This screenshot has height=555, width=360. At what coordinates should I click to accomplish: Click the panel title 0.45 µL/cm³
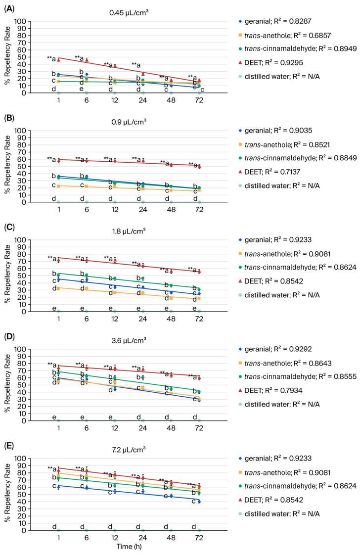pyautogui.click(x=129, y=13)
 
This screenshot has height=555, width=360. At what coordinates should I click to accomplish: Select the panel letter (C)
pyautogui.click(x=9, y=227)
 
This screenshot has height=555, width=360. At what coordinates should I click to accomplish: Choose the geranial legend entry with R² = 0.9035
pyautogui.click(x=275, y=131)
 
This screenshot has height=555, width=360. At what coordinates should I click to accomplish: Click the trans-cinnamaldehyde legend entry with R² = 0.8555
pyautogui.click(x=297, y=376)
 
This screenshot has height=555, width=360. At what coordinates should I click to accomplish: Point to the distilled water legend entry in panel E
pyautogui.click(x=279, y=513)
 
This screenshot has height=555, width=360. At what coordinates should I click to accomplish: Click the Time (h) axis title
pyautogui.click(x=129, y=547)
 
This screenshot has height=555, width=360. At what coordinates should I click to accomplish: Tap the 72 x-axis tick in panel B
pyautogui.click(x=199, y=210)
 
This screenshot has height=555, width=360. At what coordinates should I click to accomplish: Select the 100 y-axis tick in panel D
pyautogui.click(x=20, y=349)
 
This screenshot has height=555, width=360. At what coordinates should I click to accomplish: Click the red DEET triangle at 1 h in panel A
pyautogui.click(x=58, y=60)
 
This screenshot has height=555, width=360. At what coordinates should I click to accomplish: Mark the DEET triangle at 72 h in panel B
pyautogui.click(x=199, y=166)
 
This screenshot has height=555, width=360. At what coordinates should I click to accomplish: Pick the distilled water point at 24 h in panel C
pyautogui.click(x=143, y=312)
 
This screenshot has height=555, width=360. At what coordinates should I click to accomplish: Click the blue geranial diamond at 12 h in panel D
pyautogui.click(x=115, y=389)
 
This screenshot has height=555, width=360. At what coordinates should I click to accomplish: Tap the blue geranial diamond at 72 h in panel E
pyautogui.click(x=199, y=502)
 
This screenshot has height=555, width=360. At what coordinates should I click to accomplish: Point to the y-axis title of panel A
pyautogui.click(x=7, y=56)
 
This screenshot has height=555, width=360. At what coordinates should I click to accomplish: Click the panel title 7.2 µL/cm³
pyautogui.click(x=129, y=450)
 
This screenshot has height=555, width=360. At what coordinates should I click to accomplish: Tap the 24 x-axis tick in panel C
pyautogui.click(x=143, y=319)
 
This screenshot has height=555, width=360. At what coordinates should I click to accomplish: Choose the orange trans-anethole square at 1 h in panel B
pyautogui.click(x=58, y=186)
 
